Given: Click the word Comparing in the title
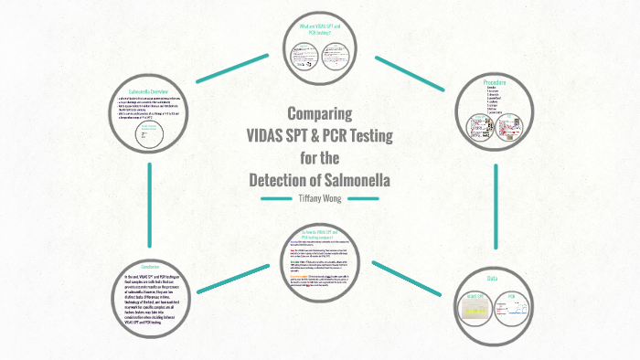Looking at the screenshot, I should (320, 115).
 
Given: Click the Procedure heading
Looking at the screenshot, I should (495, 83).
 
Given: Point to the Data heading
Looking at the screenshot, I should (492, 279).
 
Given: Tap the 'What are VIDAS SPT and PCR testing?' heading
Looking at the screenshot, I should (319, 29).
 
